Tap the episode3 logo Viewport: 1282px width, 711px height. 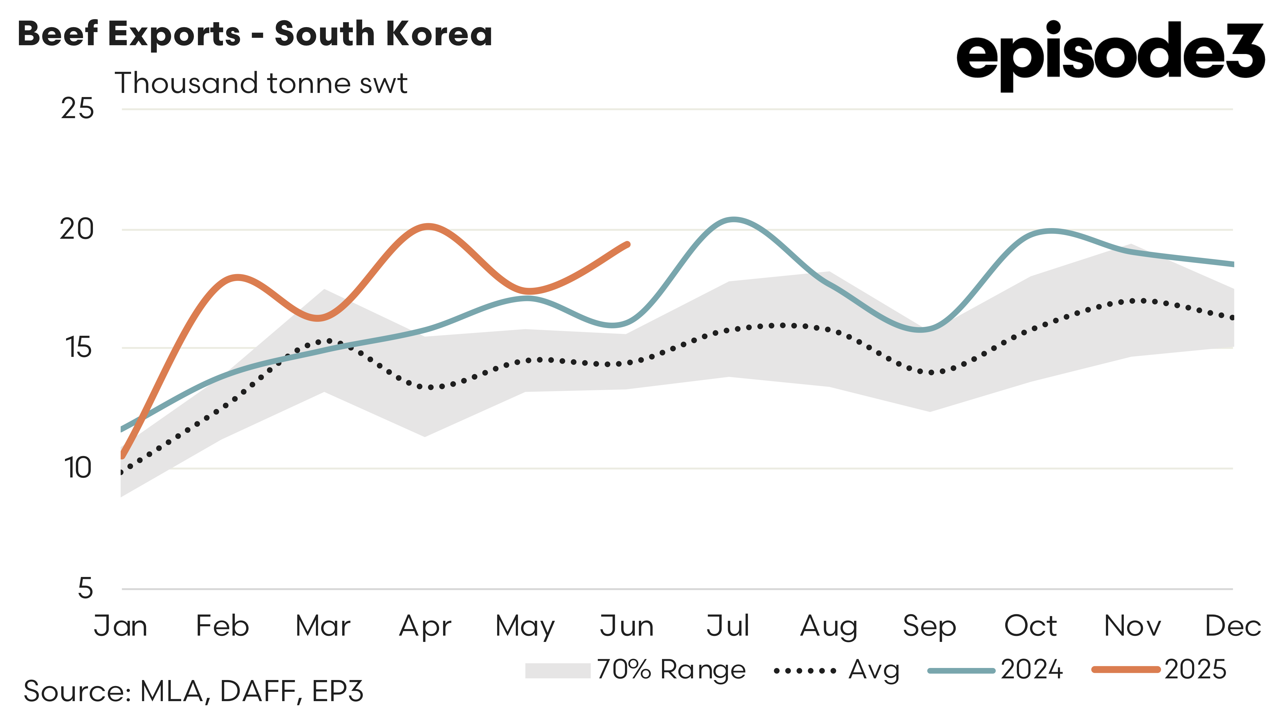(1110, 55)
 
